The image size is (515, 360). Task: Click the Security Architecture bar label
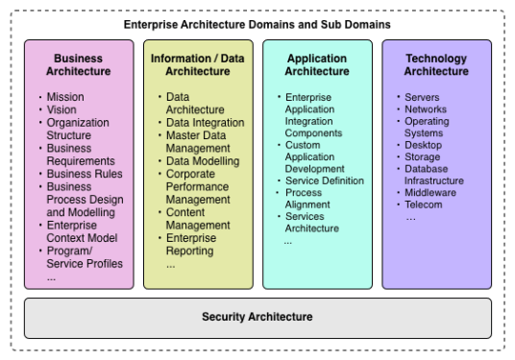coord(257,316)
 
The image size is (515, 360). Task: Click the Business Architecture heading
coord(79,64)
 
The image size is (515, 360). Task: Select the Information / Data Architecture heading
coord(199,64)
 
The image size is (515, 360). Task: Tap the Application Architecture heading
coord(317,64)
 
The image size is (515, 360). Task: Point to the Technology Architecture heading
coord(436,64)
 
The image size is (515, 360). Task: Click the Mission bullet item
coord(65,97)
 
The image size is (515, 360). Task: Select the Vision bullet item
coord(62,109)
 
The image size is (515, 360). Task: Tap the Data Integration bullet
coord(205,123)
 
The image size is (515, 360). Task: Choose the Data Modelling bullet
coord(203,162)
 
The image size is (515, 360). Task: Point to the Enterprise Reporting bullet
coord(198,244)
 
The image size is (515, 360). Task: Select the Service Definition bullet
coord(325,180)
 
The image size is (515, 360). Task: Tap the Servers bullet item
coord(423,98)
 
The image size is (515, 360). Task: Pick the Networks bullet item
coord(426,109)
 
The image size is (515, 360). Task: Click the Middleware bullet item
coord(430,192)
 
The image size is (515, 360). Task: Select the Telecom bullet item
coord(424,204)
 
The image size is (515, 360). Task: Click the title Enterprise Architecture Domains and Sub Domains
coord(257,23)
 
